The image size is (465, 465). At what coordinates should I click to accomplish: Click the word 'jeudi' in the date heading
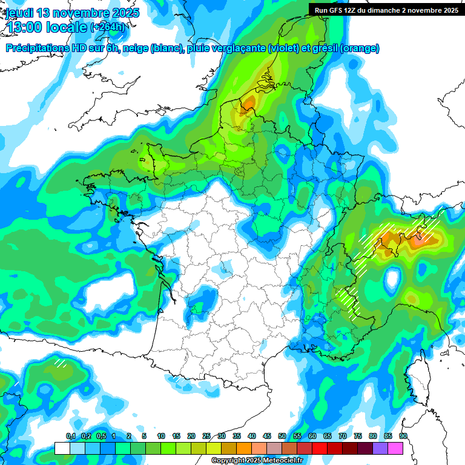(x=21, y=13)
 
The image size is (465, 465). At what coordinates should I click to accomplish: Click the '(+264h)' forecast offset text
(x=108, y=27)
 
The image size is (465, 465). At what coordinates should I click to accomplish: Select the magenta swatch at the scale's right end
(x=395, y=448)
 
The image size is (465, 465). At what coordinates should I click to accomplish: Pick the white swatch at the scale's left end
(x=62, y=448)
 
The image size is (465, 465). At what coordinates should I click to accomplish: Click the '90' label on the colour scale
(x=403, y=437)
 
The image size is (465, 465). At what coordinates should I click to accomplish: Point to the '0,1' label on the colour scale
(x=70, y=437)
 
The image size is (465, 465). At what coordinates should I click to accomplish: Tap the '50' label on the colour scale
(x=282, y=437)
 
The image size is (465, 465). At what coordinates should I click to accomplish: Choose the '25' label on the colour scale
(x=206, y=437)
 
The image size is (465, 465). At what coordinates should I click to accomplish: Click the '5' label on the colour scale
(x=144, y=437)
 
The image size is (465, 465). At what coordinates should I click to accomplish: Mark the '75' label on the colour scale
(x=358, y=437)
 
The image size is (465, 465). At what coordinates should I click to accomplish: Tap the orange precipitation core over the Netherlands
(x=247, y=104)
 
